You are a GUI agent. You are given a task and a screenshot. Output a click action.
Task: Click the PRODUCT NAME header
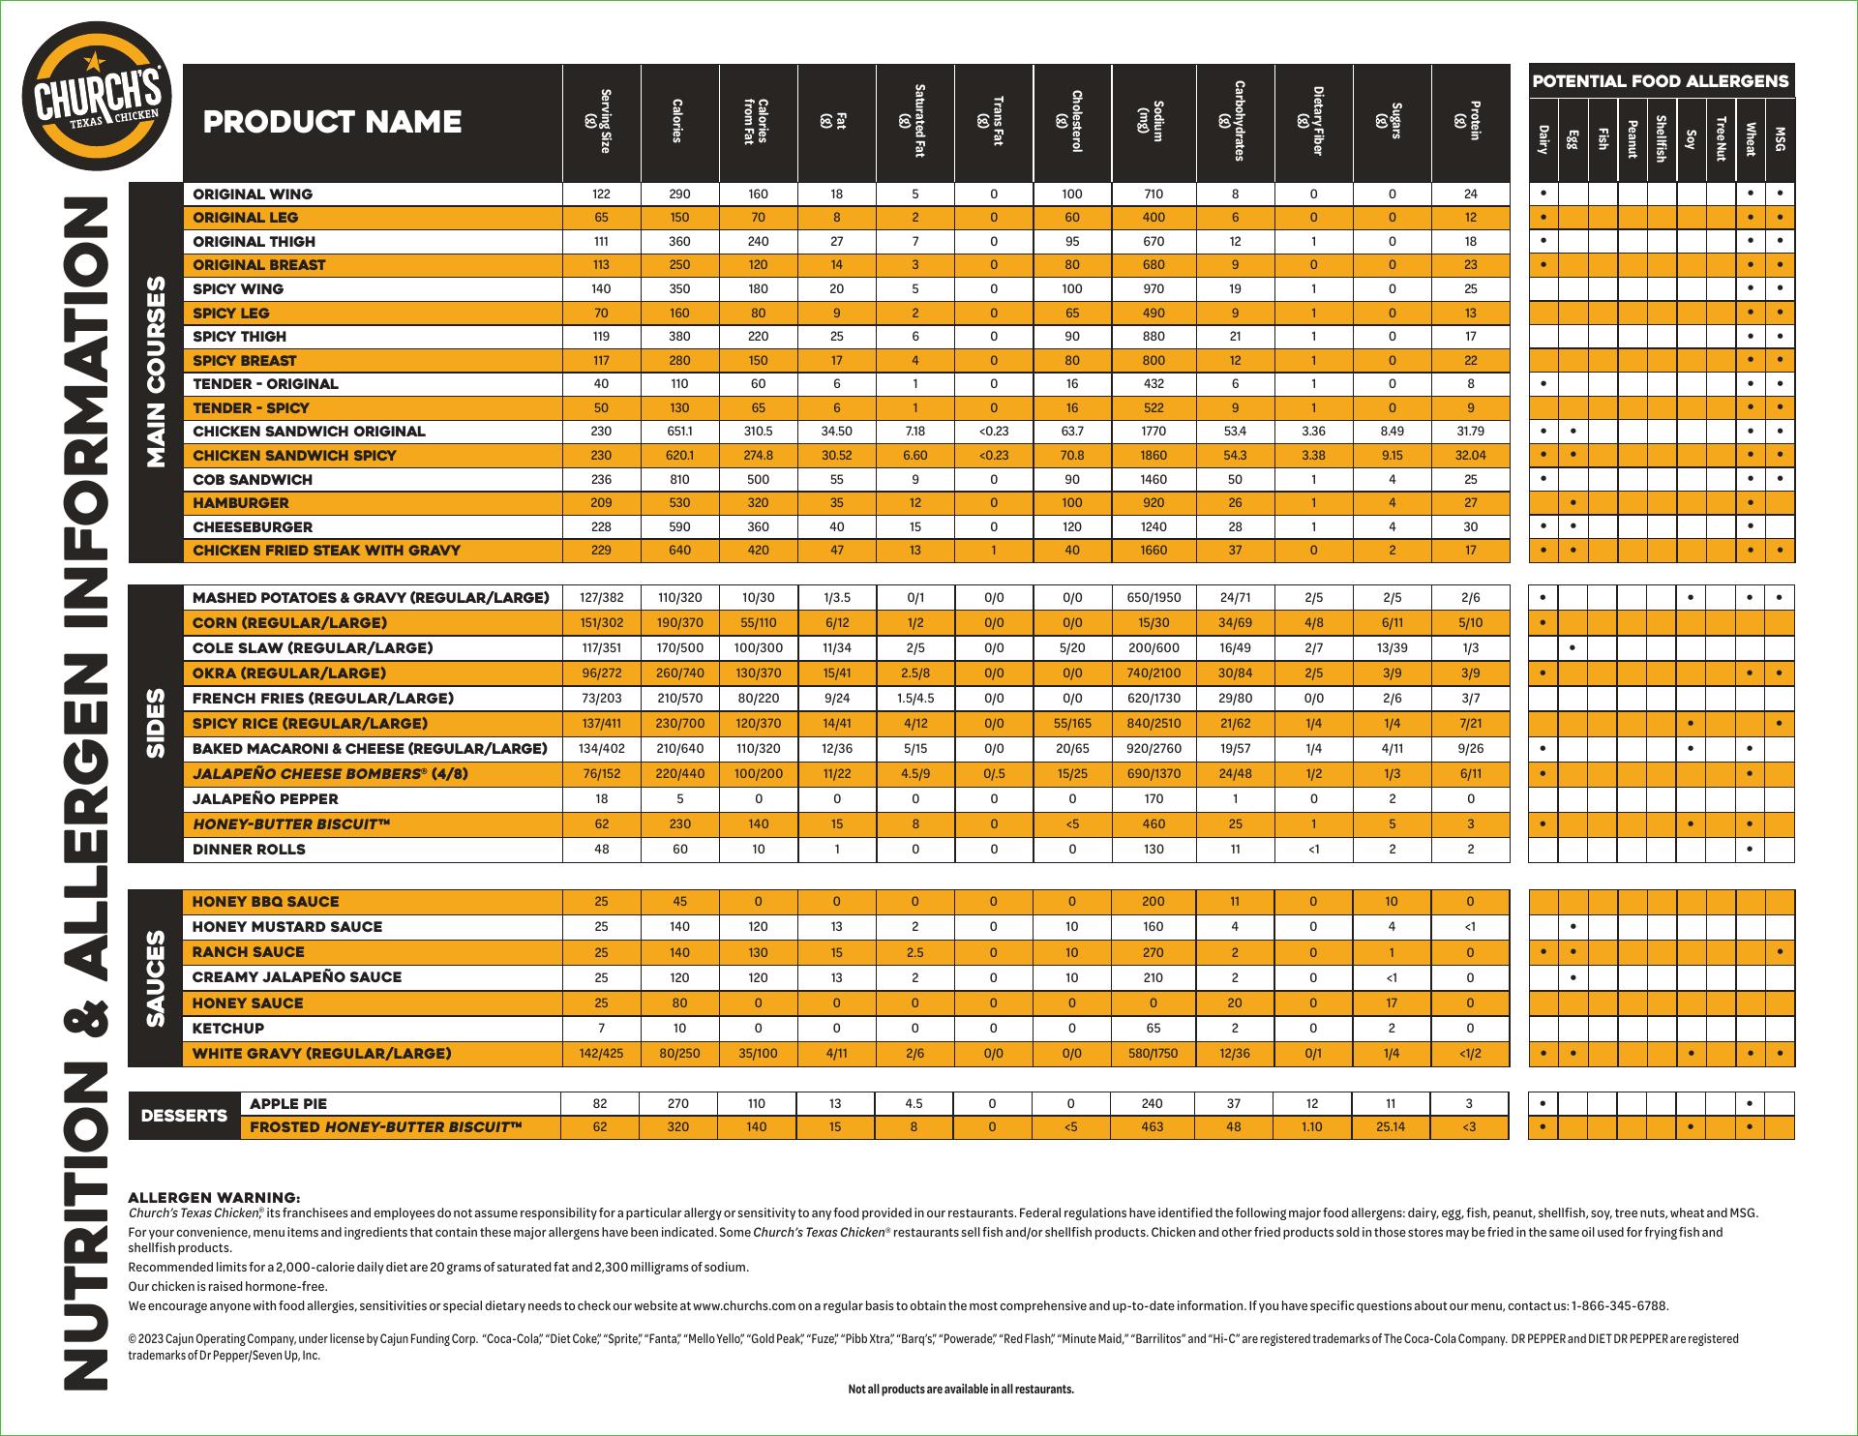point(332,122)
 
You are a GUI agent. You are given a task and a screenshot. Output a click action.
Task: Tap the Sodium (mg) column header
point(1154,121)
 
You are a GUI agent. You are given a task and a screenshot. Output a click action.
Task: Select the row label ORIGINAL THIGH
point(254,242)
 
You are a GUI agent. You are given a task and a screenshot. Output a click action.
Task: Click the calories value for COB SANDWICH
point(679,480)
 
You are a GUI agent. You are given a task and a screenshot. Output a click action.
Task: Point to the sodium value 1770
point(1154,432)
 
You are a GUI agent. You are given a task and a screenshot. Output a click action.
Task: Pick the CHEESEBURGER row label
point(253,527)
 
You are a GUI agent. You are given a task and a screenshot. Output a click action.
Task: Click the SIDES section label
point(156,724)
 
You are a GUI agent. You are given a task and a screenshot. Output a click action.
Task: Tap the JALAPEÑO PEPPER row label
point(265,799)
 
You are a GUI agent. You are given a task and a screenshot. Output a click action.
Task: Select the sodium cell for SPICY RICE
point(1154,724)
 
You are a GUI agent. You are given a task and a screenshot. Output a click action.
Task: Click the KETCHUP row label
point(228,1029)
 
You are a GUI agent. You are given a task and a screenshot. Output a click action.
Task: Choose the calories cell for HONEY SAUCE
point(679,1003)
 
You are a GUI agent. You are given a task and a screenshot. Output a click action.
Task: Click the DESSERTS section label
point(184,1116)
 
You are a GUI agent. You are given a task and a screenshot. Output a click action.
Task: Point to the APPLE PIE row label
point(288,1104)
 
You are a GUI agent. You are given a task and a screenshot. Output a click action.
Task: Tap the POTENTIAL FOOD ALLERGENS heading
point(1661,81)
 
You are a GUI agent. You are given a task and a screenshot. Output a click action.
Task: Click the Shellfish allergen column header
point(1661,138)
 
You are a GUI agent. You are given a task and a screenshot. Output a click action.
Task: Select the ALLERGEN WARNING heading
point(214,1198)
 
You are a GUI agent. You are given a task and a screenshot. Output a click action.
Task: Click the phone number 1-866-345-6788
point(1620,1306)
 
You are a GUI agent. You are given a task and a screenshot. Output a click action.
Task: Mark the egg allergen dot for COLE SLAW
point(1573,648)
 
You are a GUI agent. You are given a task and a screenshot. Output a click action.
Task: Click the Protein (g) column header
point(1471,121)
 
